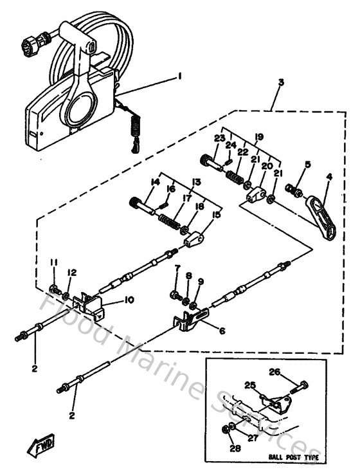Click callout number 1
tap(179, 76)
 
